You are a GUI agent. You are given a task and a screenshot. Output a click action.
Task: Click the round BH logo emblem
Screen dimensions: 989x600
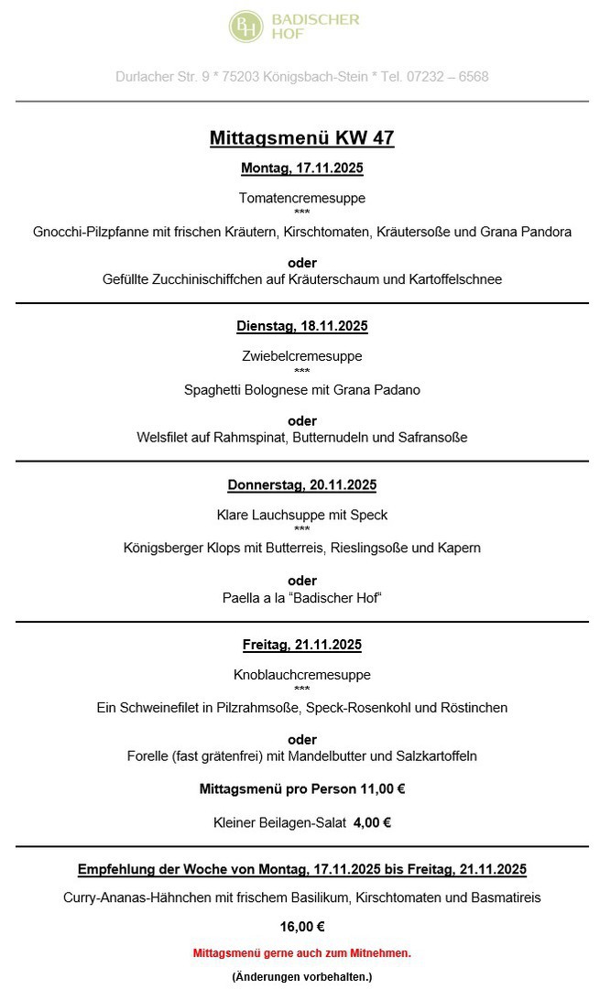(x=245, y=27)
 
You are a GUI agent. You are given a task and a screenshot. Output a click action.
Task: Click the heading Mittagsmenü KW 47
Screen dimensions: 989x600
(x=302, y=138)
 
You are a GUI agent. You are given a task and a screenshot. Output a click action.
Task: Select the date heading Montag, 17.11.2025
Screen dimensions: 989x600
(x=302, y=168)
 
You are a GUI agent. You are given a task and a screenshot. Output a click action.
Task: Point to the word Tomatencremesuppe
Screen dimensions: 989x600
(x=302, y=198)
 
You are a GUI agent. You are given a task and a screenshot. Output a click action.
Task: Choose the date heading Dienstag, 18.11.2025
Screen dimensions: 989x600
(x=302, y=326)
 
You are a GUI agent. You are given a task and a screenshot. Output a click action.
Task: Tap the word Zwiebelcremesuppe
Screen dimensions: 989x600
(x=302, y=356)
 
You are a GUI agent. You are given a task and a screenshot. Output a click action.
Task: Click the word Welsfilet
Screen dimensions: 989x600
(x=162, y=438)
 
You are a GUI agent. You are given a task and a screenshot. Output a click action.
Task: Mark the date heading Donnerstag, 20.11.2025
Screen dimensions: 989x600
(x=302, y=485)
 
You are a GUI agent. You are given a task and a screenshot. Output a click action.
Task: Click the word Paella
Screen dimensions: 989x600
(x=241, y=598)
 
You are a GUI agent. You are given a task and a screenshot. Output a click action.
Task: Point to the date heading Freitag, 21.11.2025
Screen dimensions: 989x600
(x=302, y=645)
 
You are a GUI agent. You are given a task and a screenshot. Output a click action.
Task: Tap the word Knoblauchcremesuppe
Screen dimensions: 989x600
(x=302, y=675)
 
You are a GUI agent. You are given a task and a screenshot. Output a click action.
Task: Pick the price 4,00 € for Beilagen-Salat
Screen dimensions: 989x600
(x=373, y=822)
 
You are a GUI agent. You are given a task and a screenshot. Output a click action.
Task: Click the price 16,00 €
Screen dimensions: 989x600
(x=302, y=927)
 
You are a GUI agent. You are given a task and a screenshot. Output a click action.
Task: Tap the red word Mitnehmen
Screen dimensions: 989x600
(x=383, y=953)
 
